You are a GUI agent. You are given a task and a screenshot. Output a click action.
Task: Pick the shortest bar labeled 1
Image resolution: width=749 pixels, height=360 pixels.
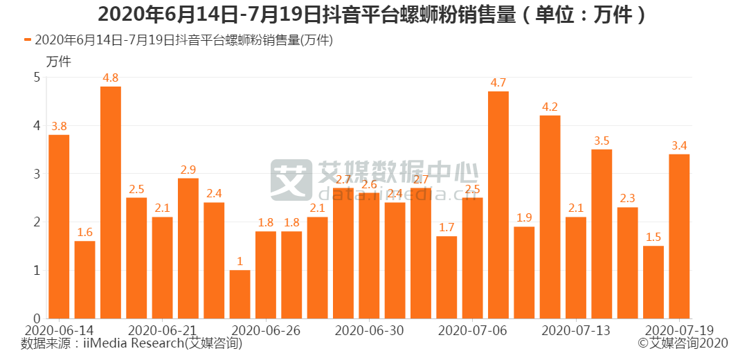[240, 294]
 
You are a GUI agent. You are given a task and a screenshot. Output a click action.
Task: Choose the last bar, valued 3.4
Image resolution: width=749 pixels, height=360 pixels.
[679, 236]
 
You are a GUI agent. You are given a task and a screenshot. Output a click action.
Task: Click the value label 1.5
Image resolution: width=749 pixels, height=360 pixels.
[653, 237]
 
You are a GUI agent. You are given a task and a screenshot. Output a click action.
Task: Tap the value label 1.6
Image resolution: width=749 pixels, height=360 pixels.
[85, 232]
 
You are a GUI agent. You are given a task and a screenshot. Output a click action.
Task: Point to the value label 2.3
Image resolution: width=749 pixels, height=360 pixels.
[627, 198]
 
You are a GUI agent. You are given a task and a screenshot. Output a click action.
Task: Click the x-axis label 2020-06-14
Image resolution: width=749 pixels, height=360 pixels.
[59, 330]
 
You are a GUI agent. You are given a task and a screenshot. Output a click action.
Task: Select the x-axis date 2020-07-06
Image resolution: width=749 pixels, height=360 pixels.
[473, 330]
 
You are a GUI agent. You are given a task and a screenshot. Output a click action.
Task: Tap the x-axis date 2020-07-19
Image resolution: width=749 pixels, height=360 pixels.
[679, 330]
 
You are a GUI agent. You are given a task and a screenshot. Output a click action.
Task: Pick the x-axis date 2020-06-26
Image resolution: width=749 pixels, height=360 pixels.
[267, 330]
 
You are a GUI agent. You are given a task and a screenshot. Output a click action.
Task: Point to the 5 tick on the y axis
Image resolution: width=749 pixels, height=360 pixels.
[37, 78]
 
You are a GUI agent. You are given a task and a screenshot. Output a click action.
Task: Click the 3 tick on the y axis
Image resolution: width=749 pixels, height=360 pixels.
[37, 174]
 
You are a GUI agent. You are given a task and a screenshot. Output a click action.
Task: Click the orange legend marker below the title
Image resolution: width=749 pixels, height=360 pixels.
[28, 40]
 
